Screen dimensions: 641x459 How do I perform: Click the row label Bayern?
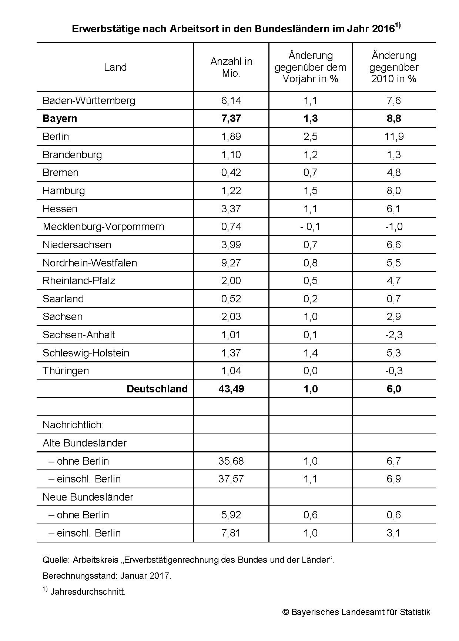tap(60, 119)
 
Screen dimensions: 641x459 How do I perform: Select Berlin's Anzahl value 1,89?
tap(231, 137)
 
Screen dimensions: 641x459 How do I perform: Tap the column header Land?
tap(115, 67)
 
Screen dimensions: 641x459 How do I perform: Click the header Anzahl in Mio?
tap(231, 67)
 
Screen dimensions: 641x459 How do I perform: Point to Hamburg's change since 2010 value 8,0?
tap(393, 191)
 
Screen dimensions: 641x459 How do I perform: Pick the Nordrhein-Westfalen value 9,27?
tap(231, 263)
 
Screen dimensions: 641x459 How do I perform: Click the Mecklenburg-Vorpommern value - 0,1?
tap(310, 227)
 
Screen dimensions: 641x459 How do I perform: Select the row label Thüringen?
tap(66, 371)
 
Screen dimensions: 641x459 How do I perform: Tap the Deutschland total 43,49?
tap(231, 389)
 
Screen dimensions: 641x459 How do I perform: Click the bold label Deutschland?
tap(157, 389)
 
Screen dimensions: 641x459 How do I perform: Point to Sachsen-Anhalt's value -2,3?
tap(393, 335)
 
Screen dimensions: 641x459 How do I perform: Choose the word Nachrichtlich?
tap(73, 425)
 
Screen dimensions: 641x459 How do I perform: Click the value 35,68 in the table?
tap(231, 461)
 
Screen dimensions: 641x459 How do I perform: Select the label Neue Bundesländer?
tap(88, 497)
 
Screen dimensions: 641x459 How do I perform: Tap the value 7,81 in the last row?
tap(231, 533)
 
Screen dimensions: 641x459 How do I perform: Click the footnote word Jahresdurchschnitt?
tap(88, 592)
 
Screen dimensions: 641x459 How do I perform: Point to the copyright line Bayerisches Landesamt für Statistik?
tap(356, 612)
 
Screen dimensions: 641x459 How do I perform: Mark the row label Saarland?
tap(63, 299)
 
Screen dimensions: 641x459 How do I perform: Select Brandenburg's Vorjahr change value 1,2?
tap(310, 155)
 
